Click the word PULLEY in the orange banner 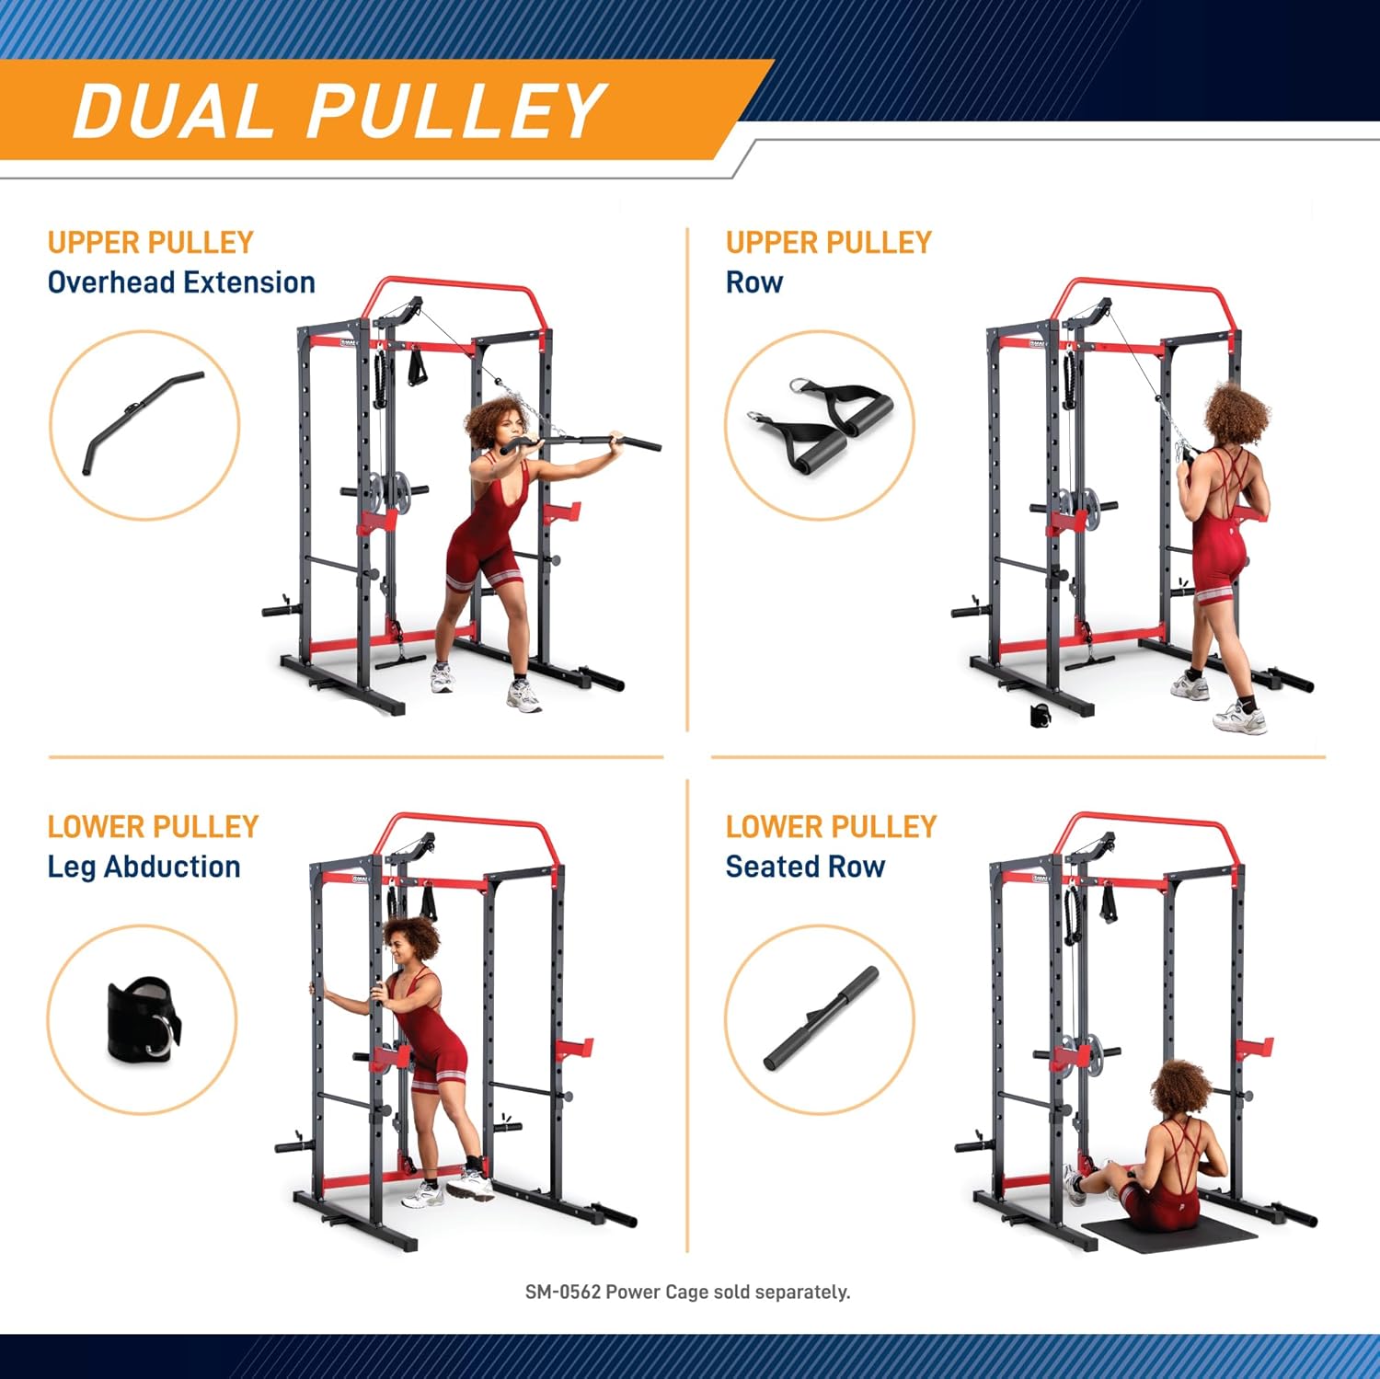(454, 111)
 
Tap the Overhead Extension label (181, 282)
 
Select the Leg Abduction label (144, 867)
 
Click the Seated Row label (805, 867)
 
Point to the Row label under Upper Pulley (753, 282)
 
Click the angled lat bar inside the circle (143, 418)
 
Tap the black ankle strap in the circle (143, 1019)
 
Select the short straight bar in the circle (821, 1018)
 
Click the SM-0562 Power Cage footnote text (687, 1292)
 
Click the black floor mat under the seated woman (1168, 1235)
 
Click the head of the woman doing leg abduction (412, 943)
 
